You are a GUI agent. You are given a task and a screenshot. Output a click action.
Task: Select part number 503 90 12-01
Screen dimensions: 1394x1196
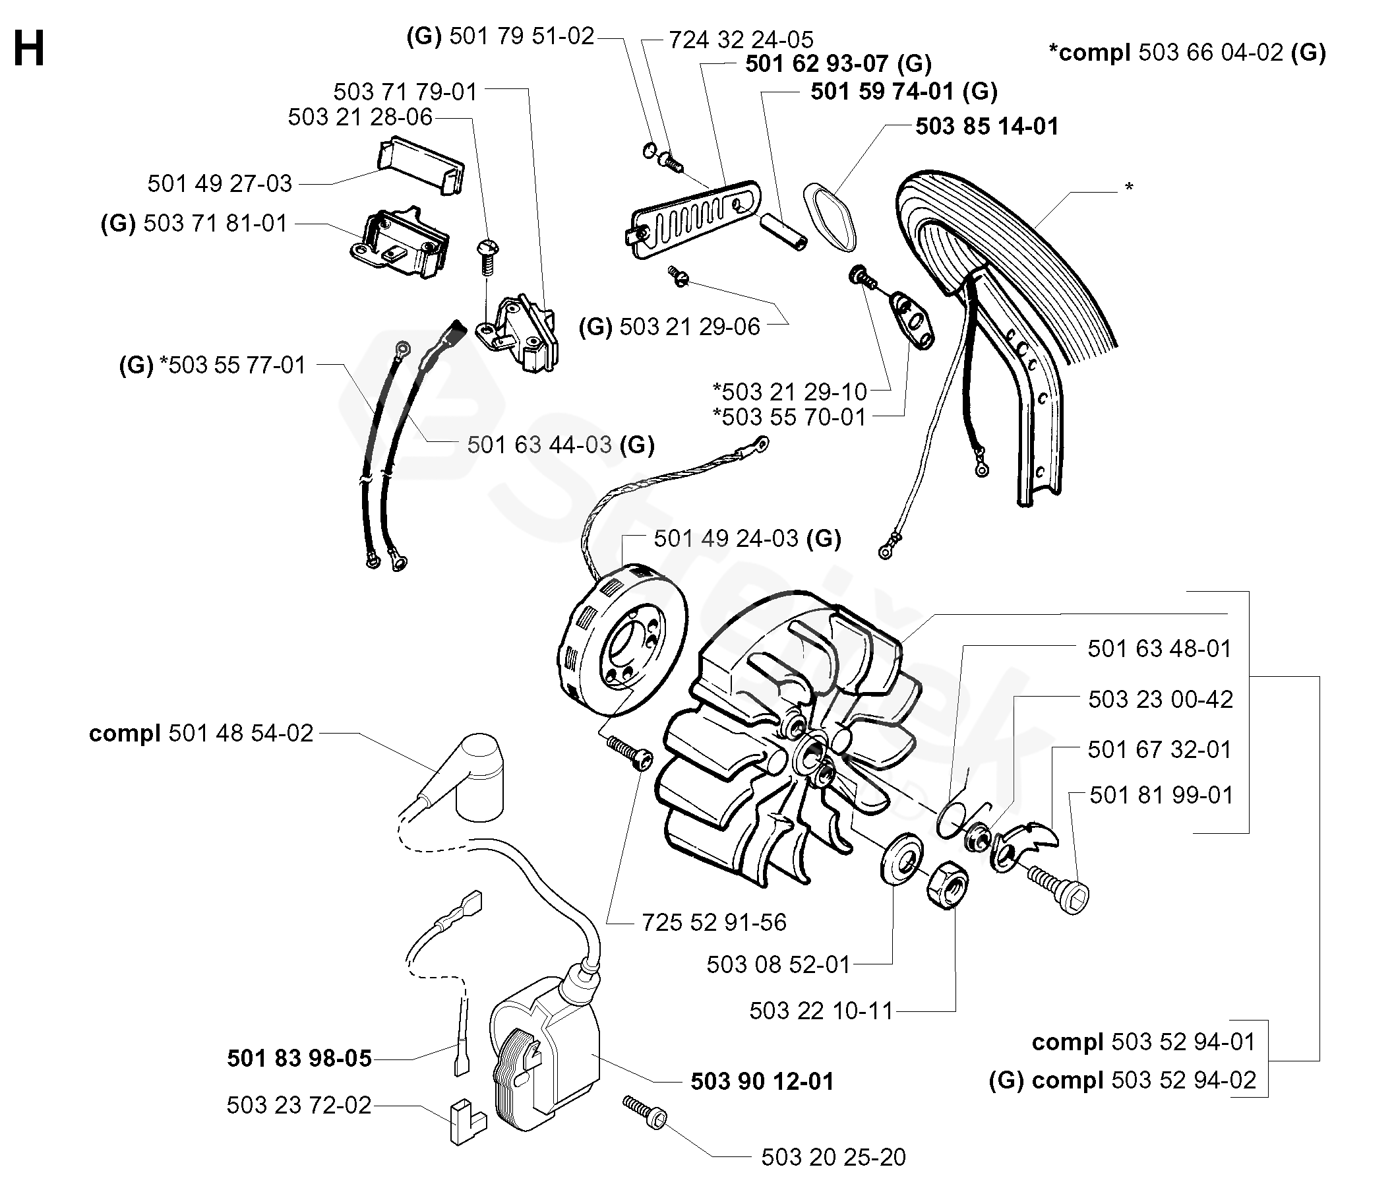(762, 1081)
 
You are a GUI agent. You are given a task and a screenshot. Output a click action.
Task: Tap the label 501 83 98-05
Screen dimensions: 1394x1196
(299, 1059)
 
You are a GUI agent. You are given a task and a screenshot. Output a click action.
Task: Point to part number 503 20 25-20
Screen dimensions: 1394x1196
(833, 1157)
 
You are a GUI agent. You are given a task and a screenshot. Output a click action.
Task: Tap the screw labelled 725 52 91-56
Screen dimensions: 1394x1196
(630, 755)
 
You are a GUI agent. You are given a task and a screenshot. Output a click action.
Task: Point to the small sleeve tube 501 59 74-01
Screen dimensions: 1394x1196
(784, 232)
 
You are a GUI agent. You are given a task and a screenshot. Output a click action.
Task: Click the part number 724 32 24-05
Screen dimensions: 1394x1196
(741, 40)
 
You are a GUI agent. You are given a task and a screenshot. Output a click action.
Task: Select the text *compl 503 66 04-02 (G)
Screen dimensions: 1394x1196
(1188, 53)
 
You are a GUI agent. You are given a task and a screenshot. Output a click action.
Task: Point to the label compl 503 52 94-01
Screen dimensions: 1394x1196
(1143, 1042)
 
